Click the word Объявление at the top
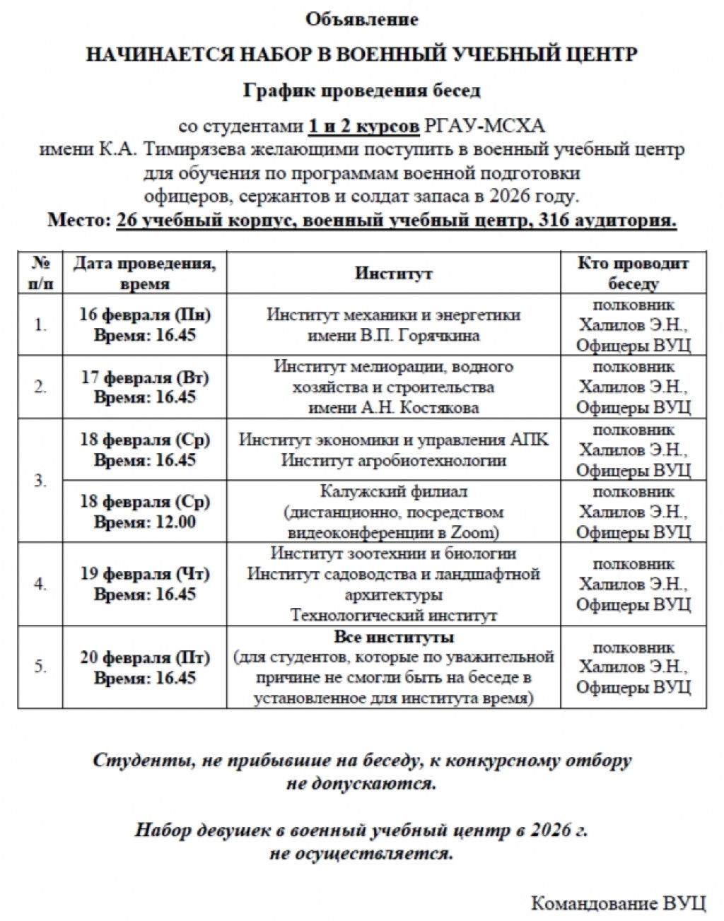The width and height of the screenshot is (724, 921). coord(361,19)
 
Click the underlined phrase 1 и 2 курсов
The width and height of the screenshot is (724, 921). coord(363,127)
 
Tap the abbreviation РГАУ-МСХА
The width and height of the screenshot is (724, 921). coord(484,127)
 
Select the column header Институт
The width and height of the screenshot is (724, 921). coord(393,274)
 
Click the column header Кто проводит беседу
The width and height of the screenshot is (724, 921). coord(633,274)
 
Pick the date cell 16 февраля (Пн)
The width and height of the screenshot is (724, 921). coord(145,315)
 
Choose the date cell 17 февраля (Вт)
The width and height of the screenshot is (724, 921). coord(145,377)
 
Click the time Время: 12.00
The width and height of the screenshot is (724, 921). coord(145,522)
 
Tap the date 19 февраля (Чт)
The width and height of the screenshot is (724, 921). coord(145,573)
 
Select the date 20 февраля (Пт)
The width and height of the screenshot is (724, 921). coord(145,657)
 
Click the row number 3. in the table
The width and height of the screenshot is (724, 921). coord(40,481)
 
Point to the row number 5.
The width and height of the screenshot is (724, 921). coord(40,667)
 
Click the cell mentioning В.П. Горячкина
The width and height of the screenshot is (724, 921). coord(393,336)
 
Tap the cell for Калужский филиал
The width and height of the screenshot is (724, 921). coord(393,492)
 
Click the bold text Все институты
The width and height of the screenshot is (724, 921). coord(393,638)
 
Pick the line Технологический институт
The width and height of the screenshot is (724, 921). coord(393,616)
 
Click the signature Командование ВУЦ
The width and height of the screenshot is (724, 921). coord(618,903)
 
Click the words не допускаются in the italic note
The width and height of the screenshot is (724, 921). coord(361,784)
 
